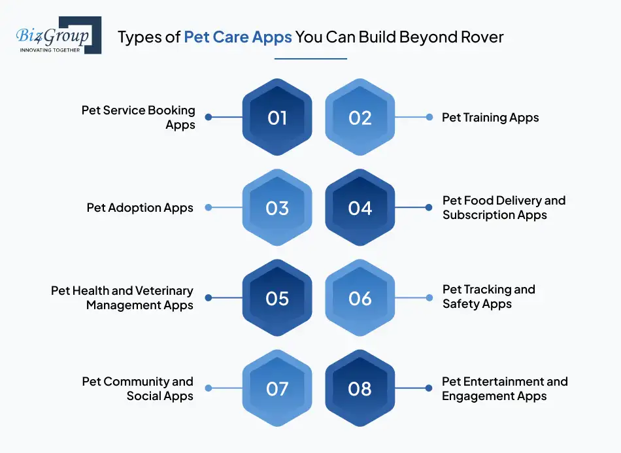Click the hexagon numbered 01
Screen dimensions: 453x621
point(277,118)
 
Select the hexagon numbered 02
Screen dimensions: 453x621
point(360,118)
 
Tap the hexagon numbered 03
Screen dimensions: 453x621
point(277,208)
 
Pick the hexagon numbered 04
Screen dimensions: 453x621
point(360,208)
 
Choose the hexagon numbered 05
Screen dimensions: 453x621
point(277,298)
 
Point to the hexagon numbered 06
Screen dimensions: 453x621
point(360,298)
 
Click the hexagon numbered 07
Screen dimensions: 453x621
point(277,388)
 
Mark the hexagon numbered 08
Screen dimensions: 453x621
point(360,388)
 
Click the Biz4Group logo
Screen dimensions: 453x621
point(57,35)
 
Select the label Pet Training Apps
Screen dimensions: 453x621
point(490,118)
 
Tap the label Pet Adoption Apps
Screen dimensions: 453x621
point(140,208)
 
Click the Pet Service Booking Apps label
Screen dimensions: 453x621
point(139,117)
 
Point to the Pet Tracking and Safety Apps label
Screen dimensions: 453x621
point(488,296)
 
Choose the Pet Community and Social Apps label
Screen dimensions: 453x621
point(138,388)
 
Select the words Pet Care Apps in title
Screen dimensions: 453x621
point(238,37)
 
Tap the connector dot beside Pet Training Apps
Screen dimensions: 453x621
point(429,118)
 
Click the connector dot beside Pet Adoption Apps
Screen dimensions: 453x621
point(209,208)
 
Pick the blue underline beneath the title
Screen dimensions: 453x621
point(310,59)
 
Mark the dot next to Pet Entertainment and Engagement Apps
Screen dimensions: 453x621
point(429,388)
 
